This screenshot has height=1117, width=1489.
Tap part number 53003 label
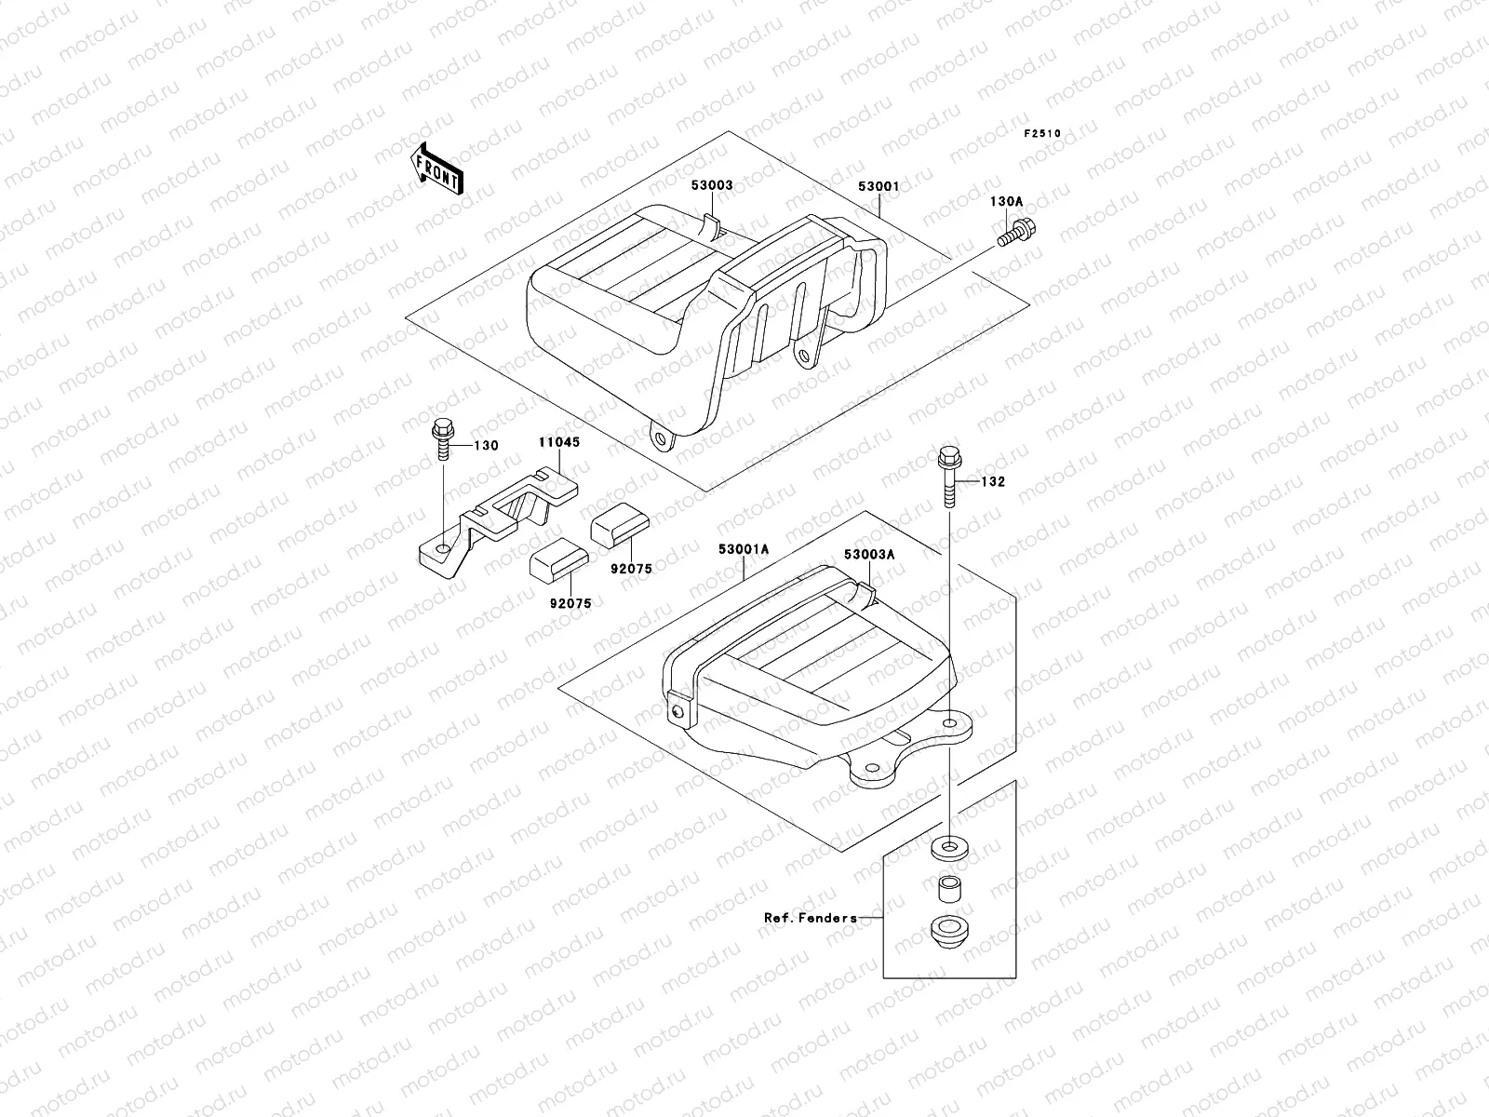point(711,185)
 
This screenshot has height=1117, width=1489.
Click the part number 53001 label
point(878,185)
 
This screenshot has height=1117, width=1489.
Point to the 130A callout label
point(1005,201)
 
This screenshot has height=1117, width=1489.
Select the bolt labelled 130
point(440,442)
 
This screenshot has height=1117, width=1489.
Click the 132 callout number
point(992,482)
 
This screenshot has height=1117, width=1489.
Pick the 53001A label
point(743,549)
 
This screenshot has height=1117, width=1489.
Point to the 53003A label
point(869,554)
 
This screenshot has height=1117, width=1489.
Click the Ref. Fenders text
point(810,917)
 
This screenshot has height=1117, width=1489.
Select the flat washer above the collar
point(948,848)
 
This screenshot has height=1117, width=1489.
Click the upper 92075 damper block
point(614,529)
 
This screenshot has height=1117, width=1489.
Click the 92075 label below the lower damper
point(570,603)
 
